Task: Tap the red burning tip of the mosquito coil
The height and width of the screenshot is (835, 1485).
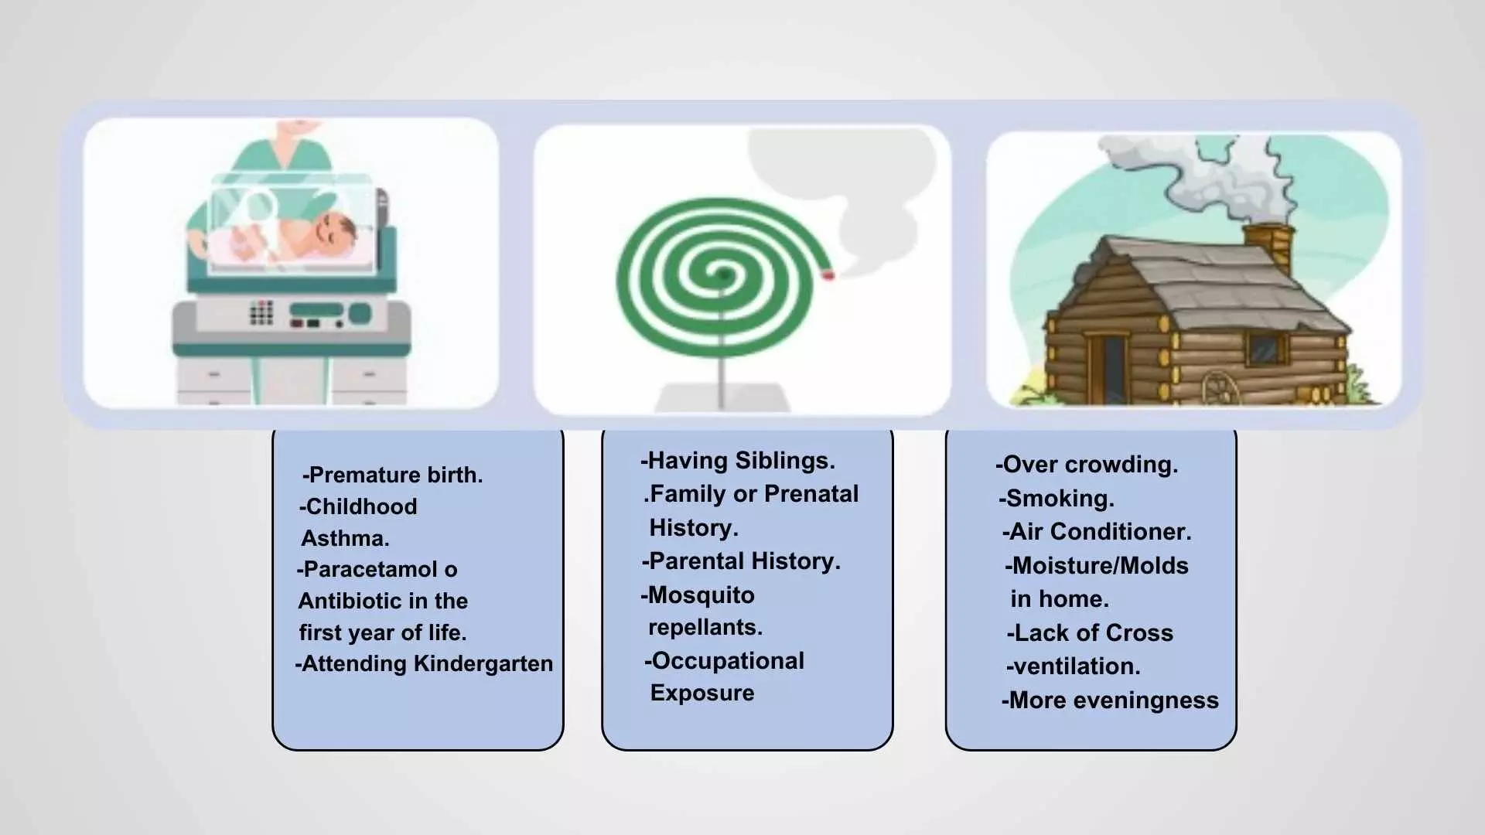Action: (828, 274)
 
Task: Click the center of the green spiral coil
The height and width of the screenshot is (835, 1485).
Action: (722, 274)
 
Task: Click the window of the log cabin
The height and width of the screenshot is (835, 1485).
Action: (1267, 349)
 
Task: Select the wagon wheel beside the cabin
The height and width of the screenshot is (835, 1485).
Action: (1220, 388)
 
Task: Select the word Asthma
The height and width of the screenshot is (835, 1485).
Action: (345, 538)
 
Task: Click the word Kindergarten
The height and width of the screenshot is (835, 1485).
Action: (483, 664)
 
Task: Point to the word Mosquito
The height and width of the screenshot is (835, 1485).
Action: (701, 595)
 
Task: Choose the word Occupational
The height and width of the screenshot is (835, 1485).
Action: (729, 661)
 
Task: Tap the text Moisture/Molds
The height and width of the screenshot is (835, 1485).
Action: (1101, 566)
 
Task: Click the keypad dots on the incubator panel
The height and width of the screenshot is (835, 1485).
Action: (261, 312)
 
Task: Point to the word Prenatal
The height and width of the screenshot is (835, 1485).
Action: (811, 494)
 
